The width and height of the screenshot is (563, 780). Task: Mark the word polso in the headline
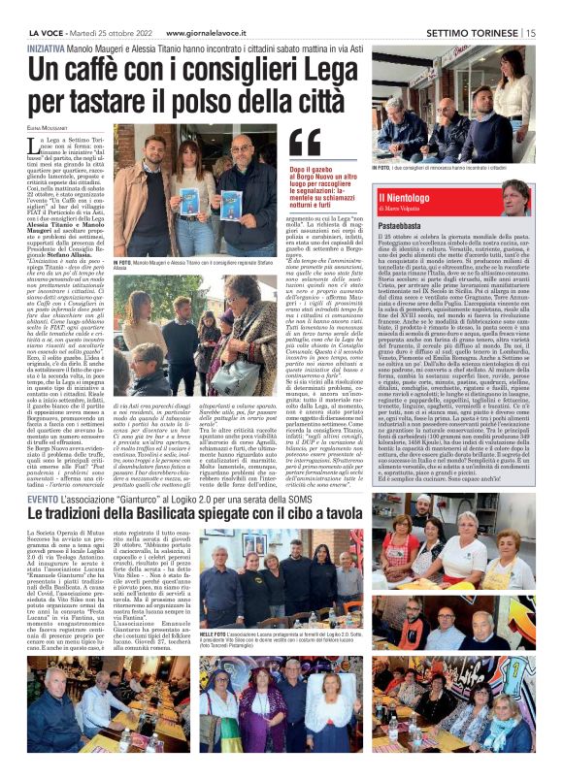218,98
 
